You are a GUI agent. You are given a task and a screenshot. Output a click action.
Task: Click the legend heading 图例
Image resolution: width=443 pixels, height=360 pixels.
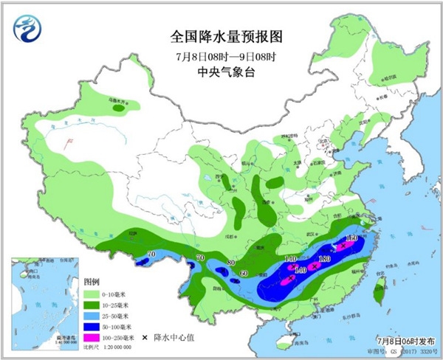pyautogui.click(x=92, y=282)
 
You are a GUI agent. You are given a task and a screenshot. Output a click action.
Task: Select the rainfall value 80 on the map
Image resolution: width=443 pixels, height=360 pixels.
pyautogui.click(x=231, y=263)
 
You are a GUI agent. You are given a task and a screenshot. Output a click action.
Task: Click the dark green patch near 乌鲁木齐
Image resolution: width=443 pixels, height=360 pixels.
pyautogui.click(x=117, y=108)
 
